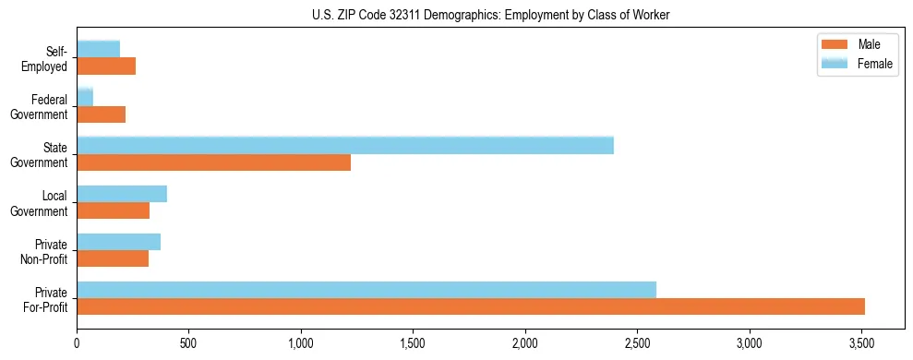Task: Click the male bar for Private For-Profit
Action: (471, 306)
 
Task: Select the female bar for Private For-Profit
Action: (366, 290)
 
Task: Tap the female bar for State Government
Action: (345, 145)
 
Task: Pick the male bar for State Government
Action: (213, 162)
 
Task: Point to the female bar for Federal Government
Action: (85, 97)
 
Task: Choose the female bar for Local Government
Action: (122, 194)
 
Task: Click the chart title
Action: (490, 14)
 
